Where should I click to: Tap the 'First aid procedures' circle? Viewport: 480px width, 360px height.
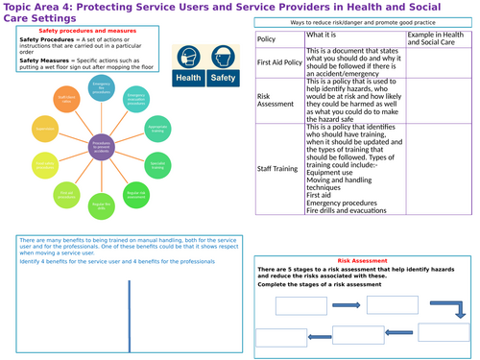click(66, 194)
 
